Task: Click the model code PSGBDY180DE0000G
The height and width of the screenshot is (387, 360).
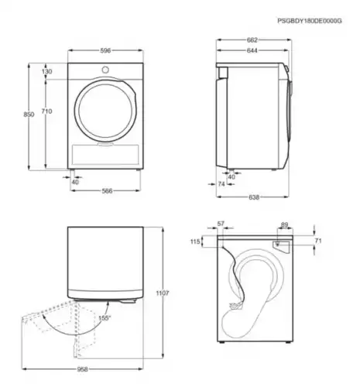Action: tap(310, 21)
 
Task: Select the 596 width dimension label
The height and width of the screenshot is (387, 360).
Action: tap(105, 50)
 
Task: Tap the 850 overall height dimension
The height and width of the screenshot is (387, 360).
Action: tap(29, 115)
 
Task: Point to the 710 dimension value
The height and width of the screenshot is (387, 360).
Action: tap(46, 111)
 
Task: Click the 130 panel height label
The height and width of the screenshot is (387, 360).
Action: tap(46, 71)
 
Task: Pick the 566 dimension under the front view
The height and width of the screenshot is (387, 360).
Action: tap(107, 191)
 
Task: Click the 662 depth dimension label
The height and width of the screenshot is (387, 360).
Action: tap(252, 40)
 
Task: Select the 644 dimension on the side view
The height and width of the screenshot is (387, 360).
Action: tap(252, 50)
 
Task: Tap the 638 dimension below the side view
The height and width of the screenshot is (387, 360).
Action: tap(254, 197)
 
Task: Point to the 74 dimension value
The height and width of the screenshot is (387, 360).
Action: tap(221, 184)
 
